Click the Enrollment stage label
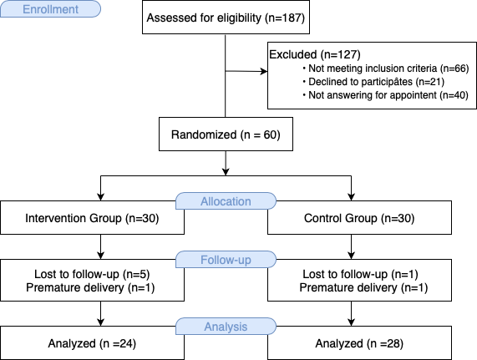tap(50, 9)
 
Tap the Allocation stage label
tap(226, 201)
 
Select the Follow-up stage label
tap(226, 260)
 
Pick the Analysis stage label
tap(226, 327)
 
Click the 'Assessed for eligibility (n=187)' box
tap(226, 17)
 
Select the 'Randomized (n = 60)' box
tap(226, 134)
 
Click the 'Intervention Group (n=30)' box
tap(92, 218)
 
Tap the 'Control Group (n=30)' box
tap(359, 218)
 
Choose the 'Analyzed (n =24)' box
tap(92, 343)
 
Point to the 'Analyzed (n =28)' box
tap(359, 343)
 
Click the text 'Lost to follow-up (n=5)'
tap(92, 274)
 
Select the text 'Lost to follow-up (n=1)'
tap(360, 274)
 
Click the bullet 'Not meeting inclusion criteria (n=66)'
tap(386, 68)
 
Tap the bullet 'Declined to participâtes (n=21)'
tap(373, 82)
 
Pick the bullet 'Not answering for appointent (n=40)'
tap(385, 95)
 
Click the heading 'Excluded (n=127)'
tap(315, 55)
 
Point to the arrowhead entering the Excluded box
tap(264, 72)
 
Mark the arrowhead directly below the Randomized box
tap(226, 172)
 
